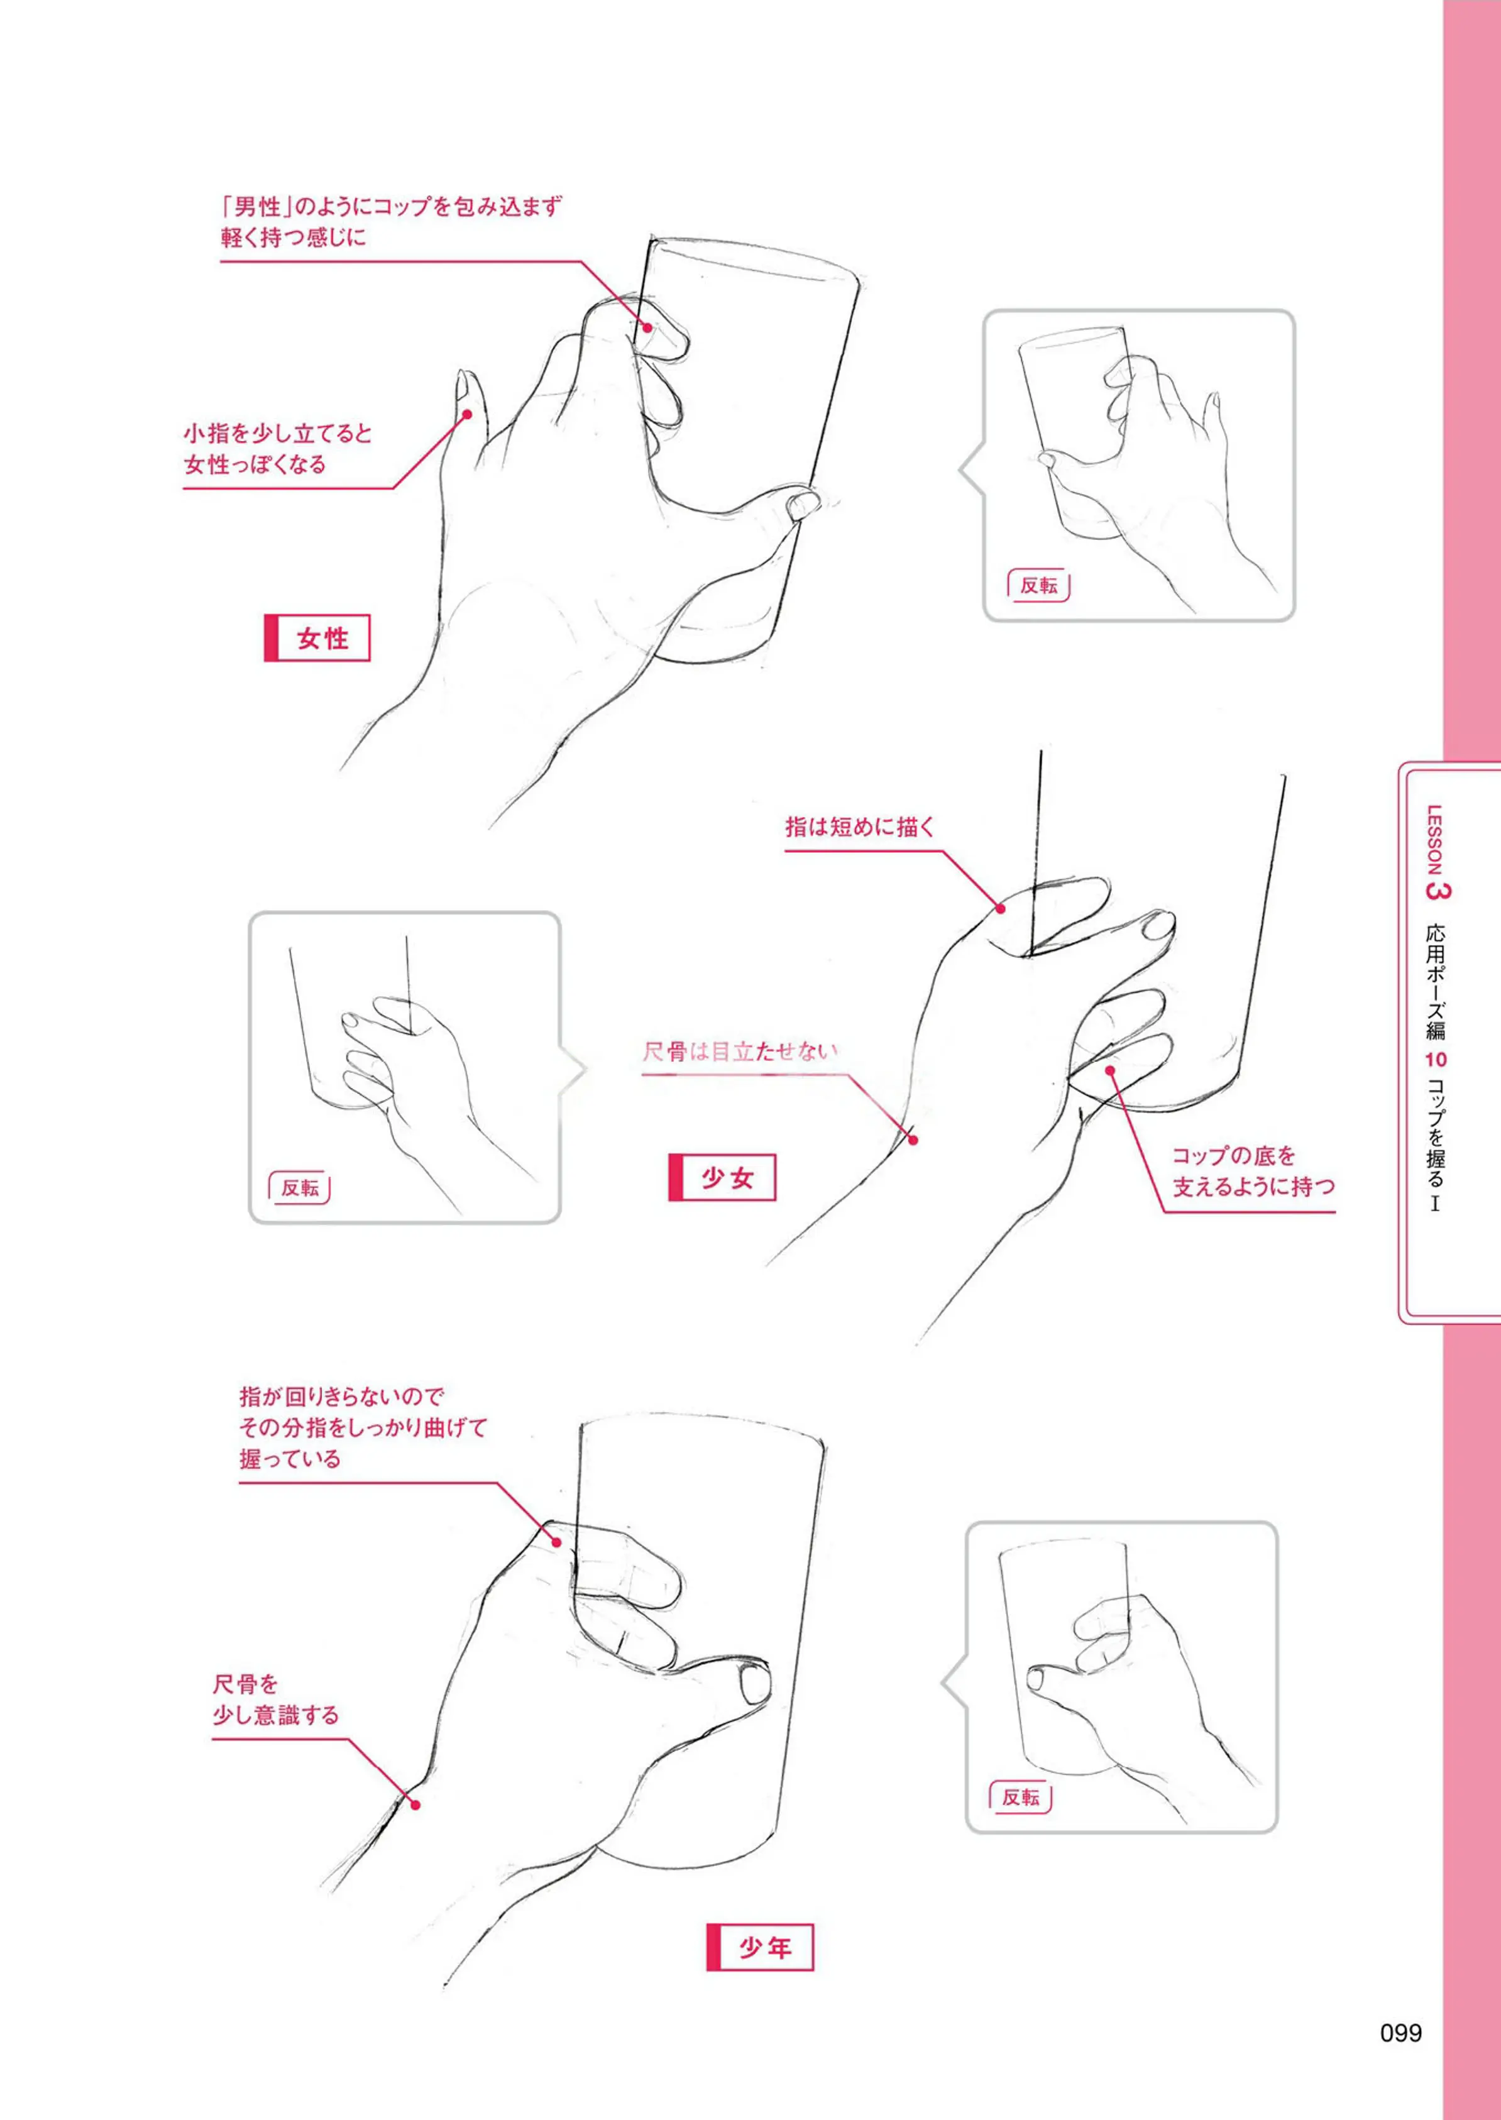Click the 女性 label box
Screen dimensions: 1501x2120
[317, 638]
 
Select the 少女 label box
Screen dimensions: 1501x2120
[722, 1177]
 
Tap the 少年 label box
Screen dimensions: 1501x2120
[760, 1947]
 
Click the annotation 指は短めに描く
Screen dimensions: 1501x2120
[860, 826]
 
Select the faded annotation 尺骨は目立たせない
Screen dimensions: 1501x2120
[740, 1052]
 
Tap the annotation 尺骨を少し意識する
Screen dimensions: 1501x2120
[275, 1700]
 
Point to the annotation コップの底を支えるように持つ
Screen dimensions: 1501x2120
[1253, 1170]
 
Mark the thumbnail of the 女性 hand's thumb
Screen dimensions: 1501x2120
[804, 505]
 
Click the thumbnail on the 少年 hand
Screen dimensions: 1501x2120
[755, 1683]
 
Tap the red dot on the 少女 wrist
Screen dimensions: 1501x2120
[912, 1140]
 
